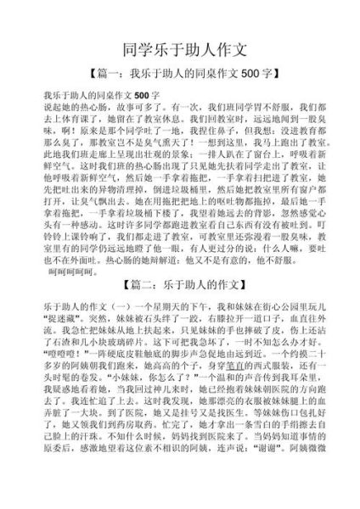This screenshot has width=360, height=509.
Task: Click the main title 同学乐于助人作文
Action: [180, 48]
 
